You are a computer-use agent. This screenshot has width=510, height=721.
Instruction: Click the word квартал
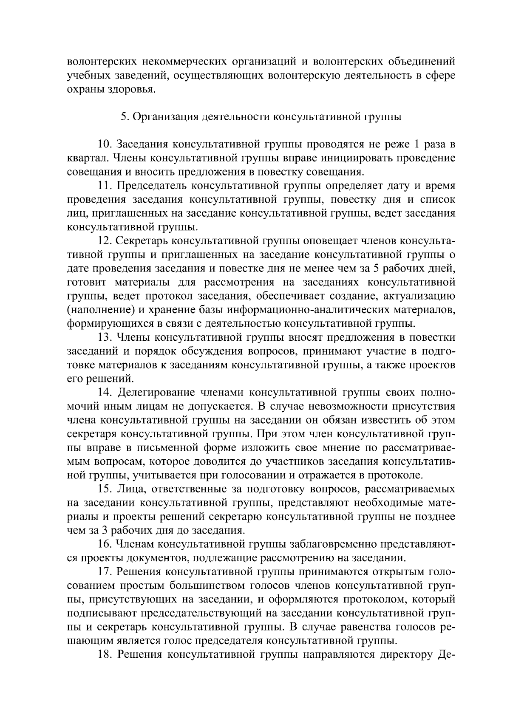coord(84,159)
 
